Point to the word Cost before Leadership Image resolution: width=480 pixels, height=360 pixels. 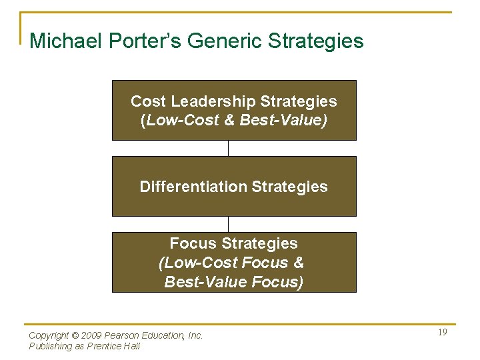[148, 101]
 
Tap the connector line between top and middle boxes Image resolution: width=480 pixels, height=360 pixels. [228, 148]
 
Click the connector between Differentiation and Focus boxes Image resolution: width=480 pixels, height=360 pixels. [228, 224]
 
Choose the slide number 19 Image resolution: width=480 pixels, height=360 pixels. [442, 333]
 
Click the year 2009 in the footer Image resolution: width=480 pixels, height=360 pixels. [89, 336]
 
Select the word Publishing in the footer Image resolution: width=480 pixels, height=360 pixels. [51, 346]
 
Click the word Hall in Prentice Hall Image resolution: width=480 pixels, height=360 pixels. [132, 346]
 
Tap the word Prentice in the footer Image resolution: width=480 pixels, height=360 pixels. [105, 346]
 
